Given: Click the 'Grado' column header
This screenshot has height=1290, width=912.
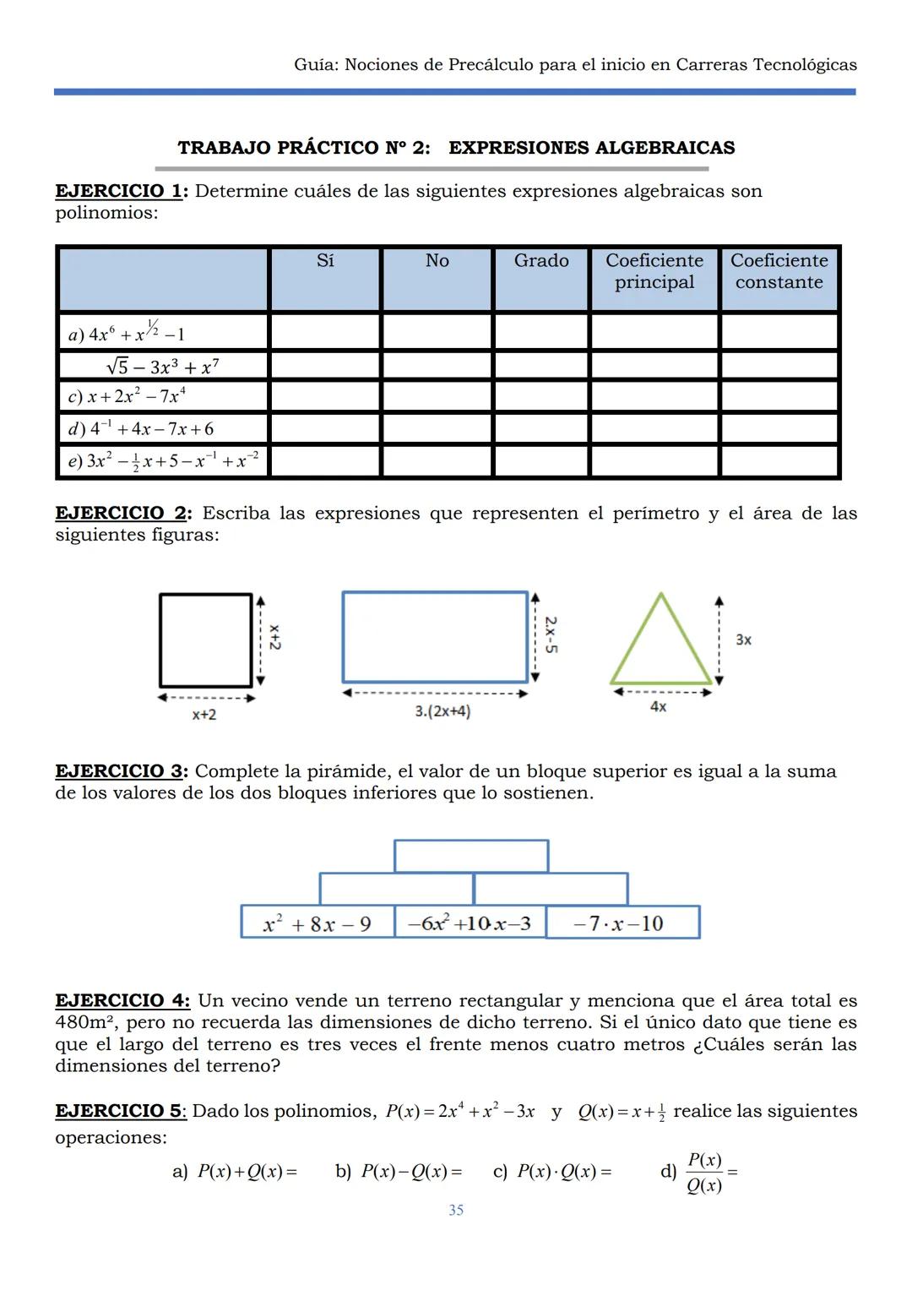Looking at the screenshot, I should pyautogui.click(x=541, y=261).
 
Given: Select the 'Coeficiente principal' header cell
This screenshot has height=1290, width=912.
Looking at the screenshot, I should pyautogui.click(x=654, y=271).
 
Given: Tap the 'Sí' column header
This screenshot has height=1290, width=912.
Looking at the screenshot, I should pyautogui.click(x=325, y=261).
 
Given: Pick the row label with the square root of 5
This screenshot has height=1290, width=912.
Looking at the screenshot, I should pyautogui.click(x=163, y=367).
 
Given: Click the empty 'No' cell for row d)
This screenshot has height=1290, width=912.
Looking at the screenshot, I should pyautogui.click(x=437, y=428).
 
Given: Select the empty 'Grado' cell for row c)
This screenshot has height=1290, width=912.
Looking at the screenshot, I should pyautogui.click(x=541, y=396).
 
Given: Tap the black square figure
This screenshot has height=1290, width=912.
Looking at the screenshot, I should pyautogui.click(x=206, y=640).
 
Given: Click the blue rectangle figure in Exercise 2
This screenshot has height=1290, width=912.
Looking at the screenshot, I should pyautogui.click(x=435, y=637).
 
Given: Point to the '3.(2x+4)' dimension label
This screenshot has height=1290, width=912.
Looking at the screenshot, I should pyautogui.click(x=442, y=711).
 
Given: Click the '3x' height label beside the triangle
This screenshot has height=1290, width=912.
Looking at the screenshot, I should pyautogui.click(x=743, y=640).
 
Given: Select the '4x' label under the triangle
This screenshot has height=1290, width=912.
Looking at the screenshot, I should pyautogui.click(x=658, y=707).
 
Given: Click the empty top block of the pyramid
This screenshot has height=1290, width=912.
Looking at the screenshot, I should pyautogui.click(x=471, y=856).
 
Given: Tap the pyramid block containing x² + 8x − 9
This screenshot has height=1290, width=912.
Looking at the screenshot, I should pyautogui.click(x=318, y=923).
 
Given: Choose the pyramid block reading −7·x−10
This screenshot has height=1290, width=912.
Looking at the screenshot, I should pyautogui.click(x=622, y=923).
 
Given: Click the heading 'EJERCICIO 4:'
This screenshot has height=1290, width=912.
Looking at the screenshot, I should pyautogui.click(x=122, y=1001).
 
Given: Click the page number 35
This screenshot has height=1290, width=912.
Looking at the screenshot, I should pyautogui.click(x=456, y=1211).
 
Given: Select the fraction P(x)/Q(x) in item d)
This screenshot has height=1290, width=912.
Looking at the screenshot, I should pyautogui.click(x=704, y=1173).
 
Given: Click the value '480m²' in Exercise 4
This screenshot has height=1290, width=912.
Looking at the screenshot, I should pyautogui.click(x=85, y=1023).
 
